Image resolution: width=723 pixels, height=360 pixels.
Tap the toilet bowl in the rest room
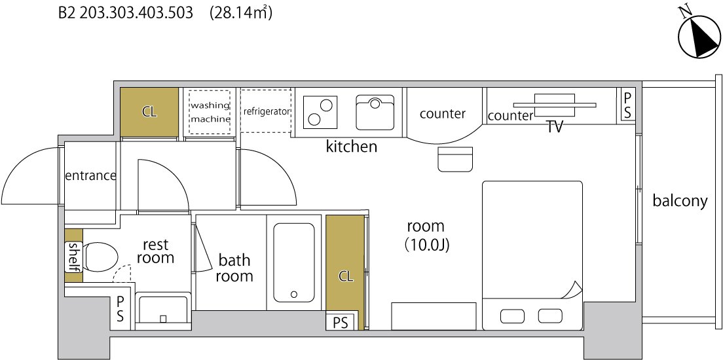[102, 257]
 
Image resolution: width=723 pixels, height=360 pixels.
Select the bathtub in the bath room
[293, 262]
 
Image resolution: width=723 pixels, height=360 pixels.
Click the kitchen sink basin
[375, 113]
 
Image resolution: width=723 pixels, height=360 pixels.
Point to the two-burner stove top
[320, 113]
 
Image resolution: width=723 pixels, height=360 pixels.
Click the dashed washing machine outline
[210, 112]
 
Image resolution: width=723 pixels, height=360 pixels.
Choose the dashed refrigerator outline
[267, 111]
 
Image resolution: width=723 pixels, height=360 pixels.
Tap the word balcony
[680, 201]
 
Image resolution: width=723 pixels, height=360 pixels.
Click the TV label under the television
[555, 128]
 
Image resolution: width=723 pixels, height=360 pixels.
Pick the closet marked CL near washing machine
[149, 112]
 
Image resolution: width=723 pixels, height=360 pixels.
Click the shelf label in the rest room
[74, 257]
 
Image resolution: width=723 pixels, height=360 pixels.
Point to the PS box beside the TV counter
[627, 105]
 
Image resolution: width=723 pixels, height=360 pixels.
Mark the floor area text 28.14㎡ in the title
[241, 13]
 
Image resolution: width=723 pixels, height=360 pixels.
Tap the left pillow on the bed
[513, 315]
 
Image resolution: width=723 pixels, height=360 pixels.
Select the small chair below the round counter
[455, 159]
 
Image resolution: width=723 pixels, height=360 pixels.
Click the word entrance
[90, 175]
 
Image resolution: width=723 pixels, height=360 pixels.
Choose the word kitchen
[352, 147]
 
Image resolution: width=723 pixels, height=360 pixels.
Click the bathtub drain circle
[293, 294]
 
